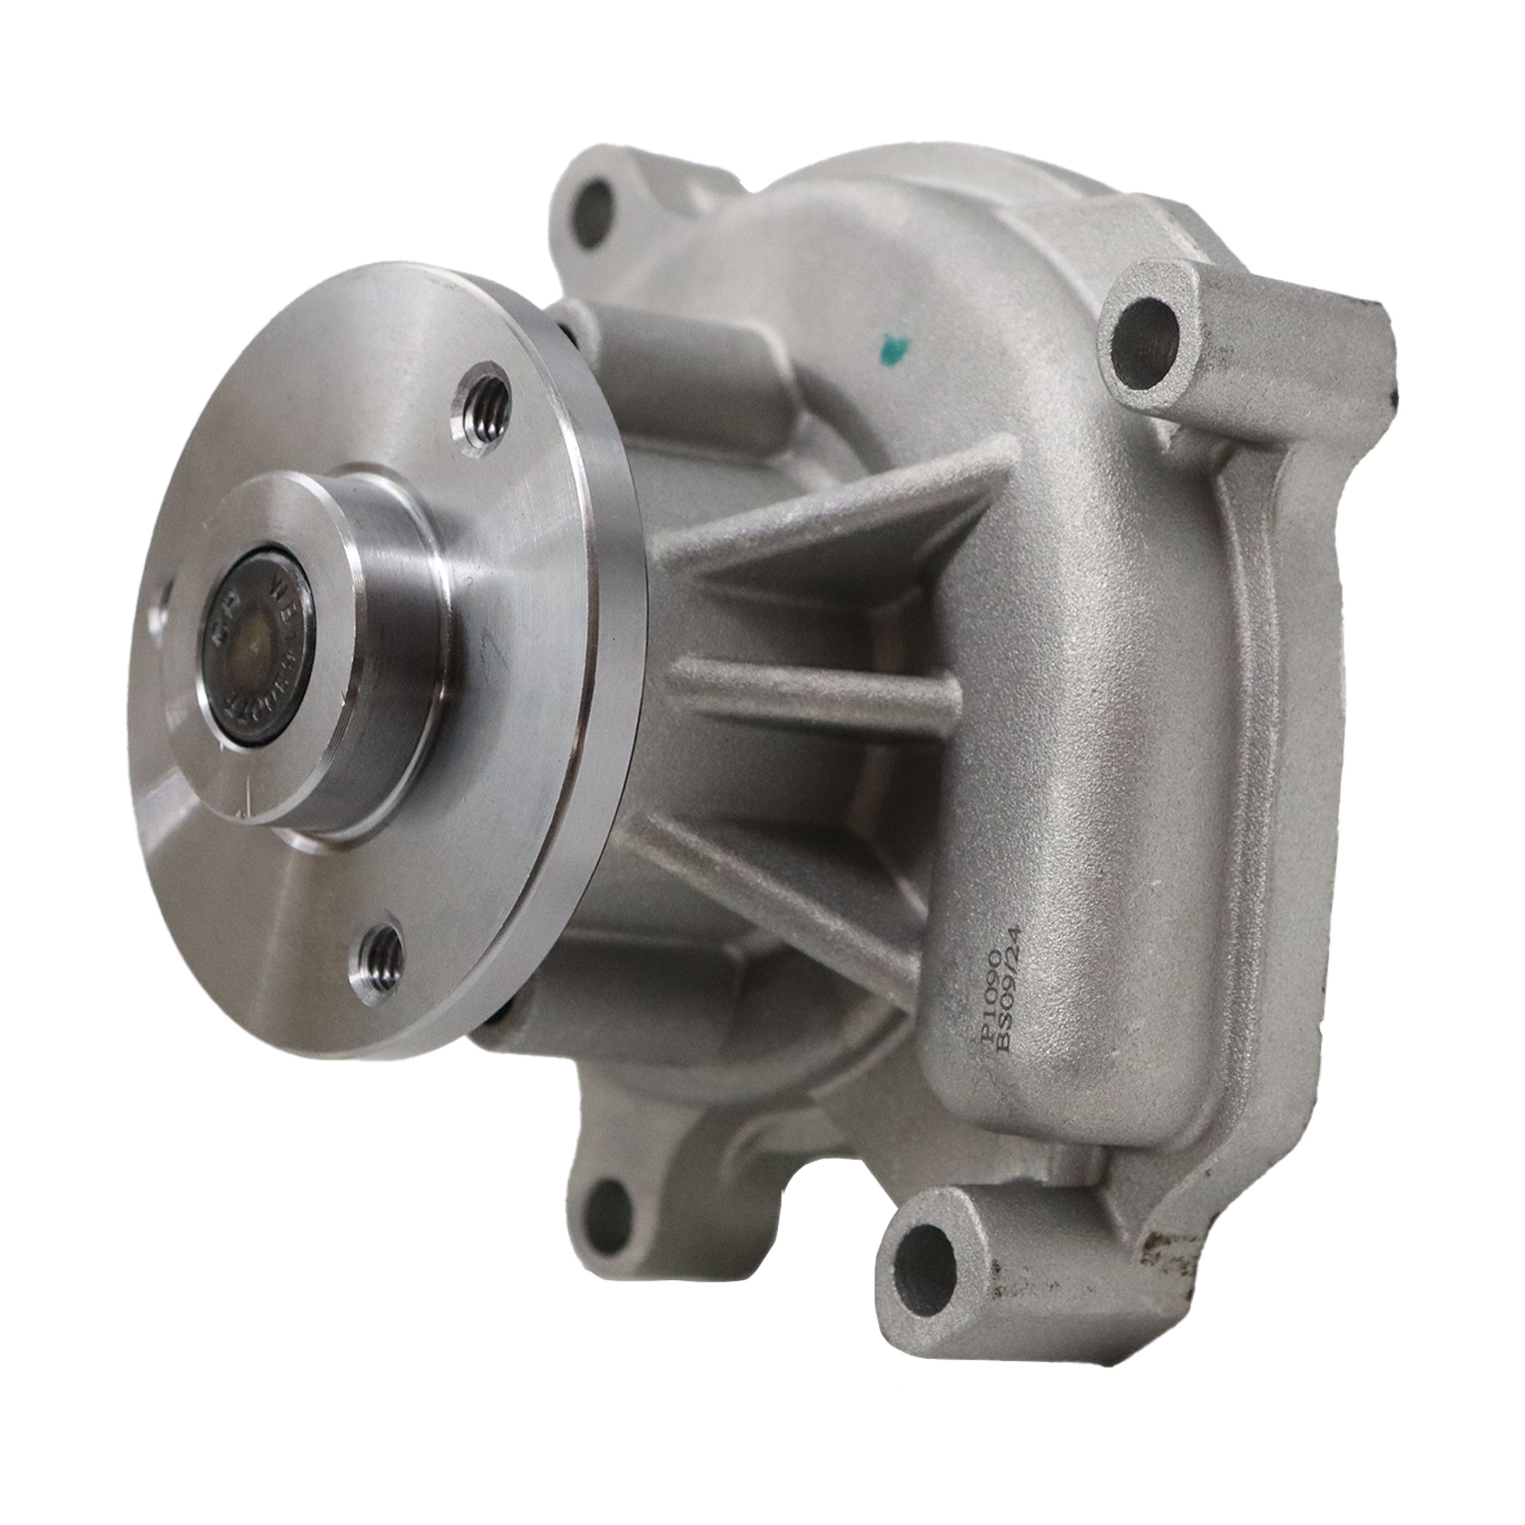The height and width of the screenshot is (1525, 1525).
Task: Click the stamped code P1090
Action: pos(988,999)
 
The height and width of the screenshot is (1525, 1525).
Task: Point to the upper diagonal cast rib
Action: pos(821,517)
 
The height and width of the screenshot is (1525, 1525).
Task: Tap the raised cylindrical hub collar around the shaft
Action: pos(379,647)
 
